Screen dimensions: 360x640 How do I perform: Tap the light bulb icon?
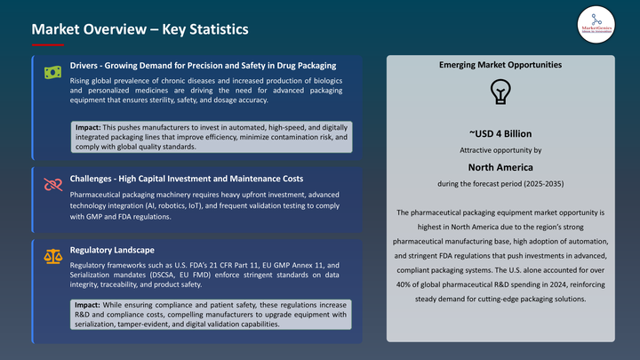point(500,92)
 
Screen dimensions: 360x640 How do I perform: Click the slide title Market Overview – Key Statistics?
point(140,29)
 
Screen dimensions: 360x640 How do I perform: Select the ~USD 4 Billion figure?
point(500,134)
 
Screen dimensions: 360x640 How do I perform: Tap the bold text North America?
point(500,166)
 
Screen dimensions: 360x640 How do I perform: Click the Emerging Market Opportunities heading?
point(500,66)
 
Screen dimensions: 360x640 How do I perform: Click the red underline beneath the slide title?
point(47,44)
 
